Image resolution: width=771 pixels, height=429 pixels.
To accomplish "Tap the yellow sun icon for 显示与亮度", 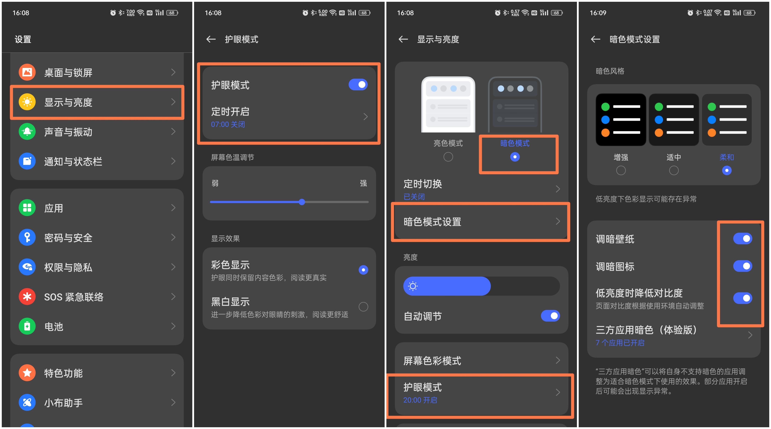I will [x=27, y=102].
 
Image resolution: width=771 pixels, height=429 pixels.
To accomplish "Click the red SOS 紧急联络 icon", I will [x=27, y=297].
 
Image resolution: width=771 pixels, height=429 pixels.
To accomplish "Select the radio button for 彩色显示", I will [x=363, y=270].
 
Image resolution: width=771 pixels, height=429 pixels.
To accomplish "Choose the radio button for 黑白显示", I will [x=363, y=307].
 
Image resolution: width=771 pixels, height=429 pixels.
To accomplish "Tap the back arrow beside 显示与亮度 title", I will [x=403, y=39].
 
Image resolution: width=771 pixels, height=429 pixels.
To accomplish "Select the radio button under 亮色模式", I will [x=448, y=157].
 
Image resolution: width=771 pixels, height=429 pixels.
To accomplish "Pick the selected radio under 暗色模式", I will [x=515, y=157].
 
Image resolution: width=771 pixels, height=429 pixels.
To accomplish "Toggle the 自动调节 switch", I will [x=550, y=316].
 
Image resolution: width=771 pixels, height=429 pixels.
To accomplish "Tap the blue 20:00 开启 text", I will [x=420, y=400].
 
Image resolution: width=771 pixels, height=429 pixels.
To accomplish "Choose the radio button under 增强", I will [x=621, y=171].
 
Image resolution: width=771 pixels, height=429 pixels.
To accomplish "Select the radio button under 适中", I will [x=674, y=171].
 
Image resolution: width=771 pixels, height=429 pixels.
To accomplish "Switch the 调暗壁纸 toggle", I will [x=743, y=239].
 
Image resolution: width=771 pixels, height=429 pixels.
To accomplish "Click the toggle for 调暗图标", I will [x=743, y=266].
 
